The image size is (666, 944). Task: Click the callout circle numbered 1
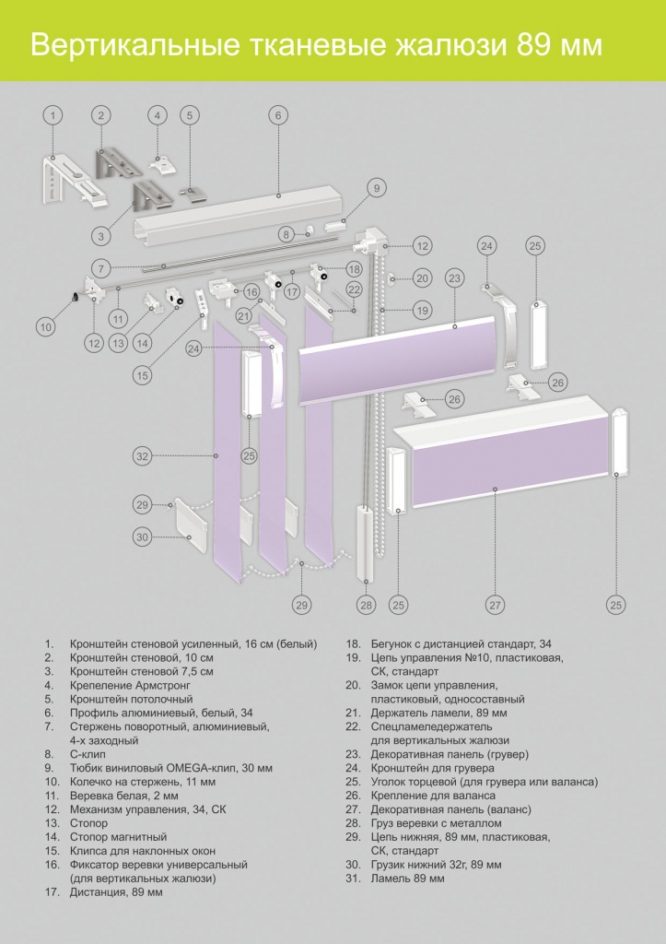[x=53, y=115]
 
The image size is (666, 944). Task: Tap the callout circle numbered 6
[x=277, y=115]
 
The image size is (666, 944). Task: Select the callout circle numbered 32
[x=142, y=455]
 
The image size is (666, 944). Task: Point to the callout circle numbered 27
[x=496, y=605]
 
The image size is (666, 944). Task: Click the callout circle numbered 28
[x=367, y=605]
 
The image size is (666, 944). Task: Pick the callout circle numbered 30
[x=142, y=537]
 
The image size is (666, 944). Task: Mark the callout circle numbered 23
[x=454, y=277]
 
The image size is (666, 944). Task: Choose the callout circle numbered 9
[x=376, y=188]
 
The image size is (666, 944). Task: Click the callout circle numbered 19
[x=422, y=311]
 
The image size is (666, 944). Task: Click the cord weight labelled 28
[x=366, y=544]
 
